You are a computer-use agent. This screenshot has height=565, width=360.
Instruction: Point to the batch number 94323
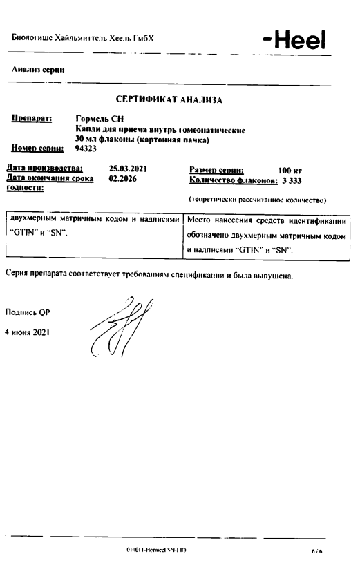[x=86, y=147]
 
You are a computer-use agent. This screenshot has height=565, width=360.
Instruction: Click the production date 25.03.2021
[x=129, y=168]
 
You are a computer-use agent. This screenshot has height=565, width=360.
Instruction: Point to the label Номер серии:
[x=37, y=147]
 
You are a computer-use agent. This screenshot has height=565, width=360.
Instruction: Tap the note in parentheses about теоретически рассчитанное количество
[x=257, y=200]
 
